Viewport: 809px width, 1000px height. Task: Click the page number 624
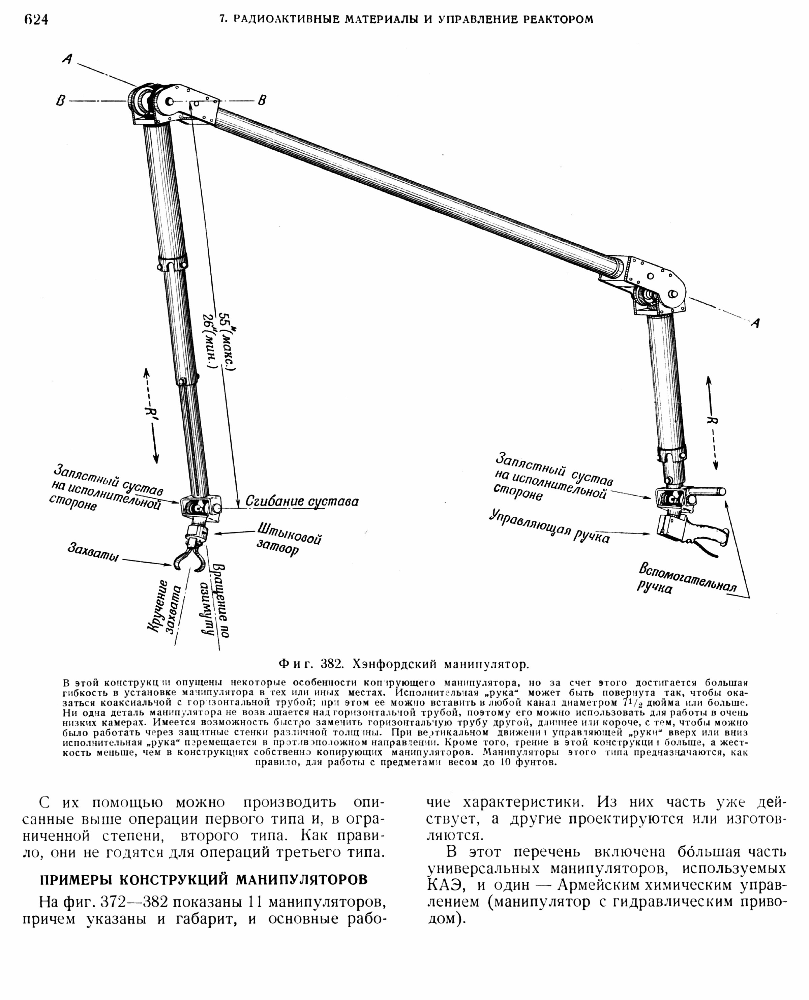35,20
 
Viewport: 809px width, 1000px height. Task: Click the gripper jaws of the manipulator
189,559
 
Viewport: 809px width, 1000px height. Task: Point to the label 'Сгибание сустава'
302,502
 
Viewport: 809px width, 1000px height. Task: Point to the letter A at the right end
755,323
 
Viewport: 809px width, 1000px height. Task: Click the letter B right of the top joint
262,100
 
